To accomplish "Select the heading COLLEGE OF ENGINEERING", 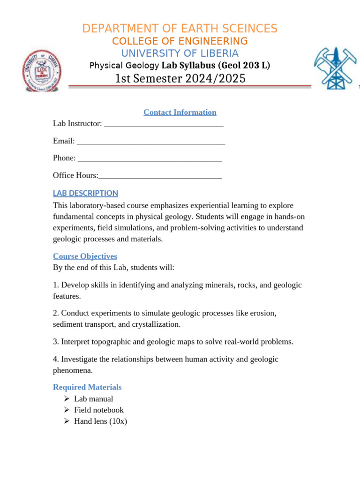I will (180, 41).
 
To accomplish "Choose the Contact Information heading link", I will (180, 112).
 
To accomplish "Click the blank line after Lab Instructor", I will (164, 124).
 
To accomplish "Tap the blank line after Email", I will (150, 142).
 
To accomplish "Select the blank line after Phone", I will (150, 159).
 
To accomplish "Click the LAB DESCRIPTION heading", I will (85, 193).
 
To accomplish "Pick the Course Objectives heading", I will (85, 256).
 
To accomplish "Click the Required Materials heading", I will (87, 387).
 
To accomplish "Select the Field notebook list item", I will (99, 410).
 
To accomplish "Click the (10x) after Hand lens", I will (118, 421).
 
